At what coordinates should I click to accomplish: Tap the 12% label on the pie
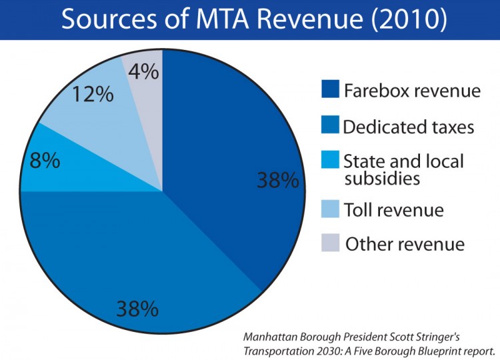(93, 94)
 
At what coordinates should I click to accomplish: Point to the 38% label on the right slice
(277, 180)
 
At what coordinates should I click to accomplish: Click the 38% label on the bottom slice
(137, 308)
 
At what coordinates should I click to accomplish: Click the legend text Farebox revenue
(412, 91)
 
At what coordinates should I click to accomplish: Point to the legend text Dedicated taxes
(409, 126)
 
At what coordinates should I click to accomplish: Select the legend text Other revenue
(405, 243)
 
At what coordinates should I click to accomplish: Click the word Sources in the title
(107, 19)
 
